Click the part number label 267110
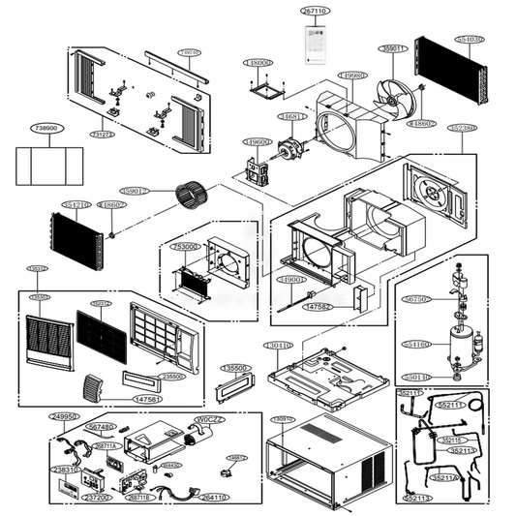(x=316, y=11)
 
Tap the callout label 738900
(x=46, y=128)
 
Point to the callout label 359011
(x=393, y=46)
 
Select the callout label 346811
(x=293, y=117)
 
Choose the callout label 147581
(x=147, y=398)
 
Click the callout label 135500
(x=235, y=368)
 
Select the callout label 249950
(x=65, y=416)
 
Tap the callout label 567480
(x=100, y=427)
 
